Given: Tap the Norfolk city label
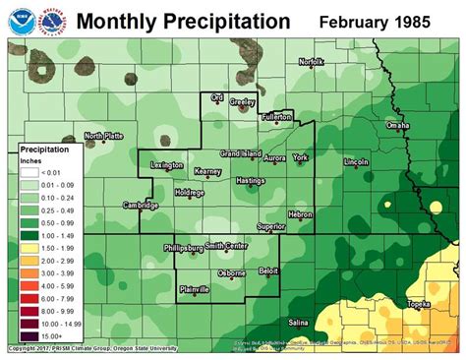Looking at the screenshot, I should pyautogui.click(x=312, y=62).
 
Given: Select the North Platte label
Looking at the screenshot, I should pyautogui.click(x=103, y=136).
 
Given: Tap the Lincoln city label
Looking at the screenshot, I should pyautogui.click(x=356, y=160).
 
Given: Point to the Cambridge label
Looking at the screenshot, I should pyautogui.click(x=141, y=205).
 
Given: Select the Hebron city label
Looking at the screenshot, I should pyautogui.click(x=300, y=213).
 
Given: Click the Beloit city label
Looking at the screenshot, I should pyautogui.click(x=268, y=269).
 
